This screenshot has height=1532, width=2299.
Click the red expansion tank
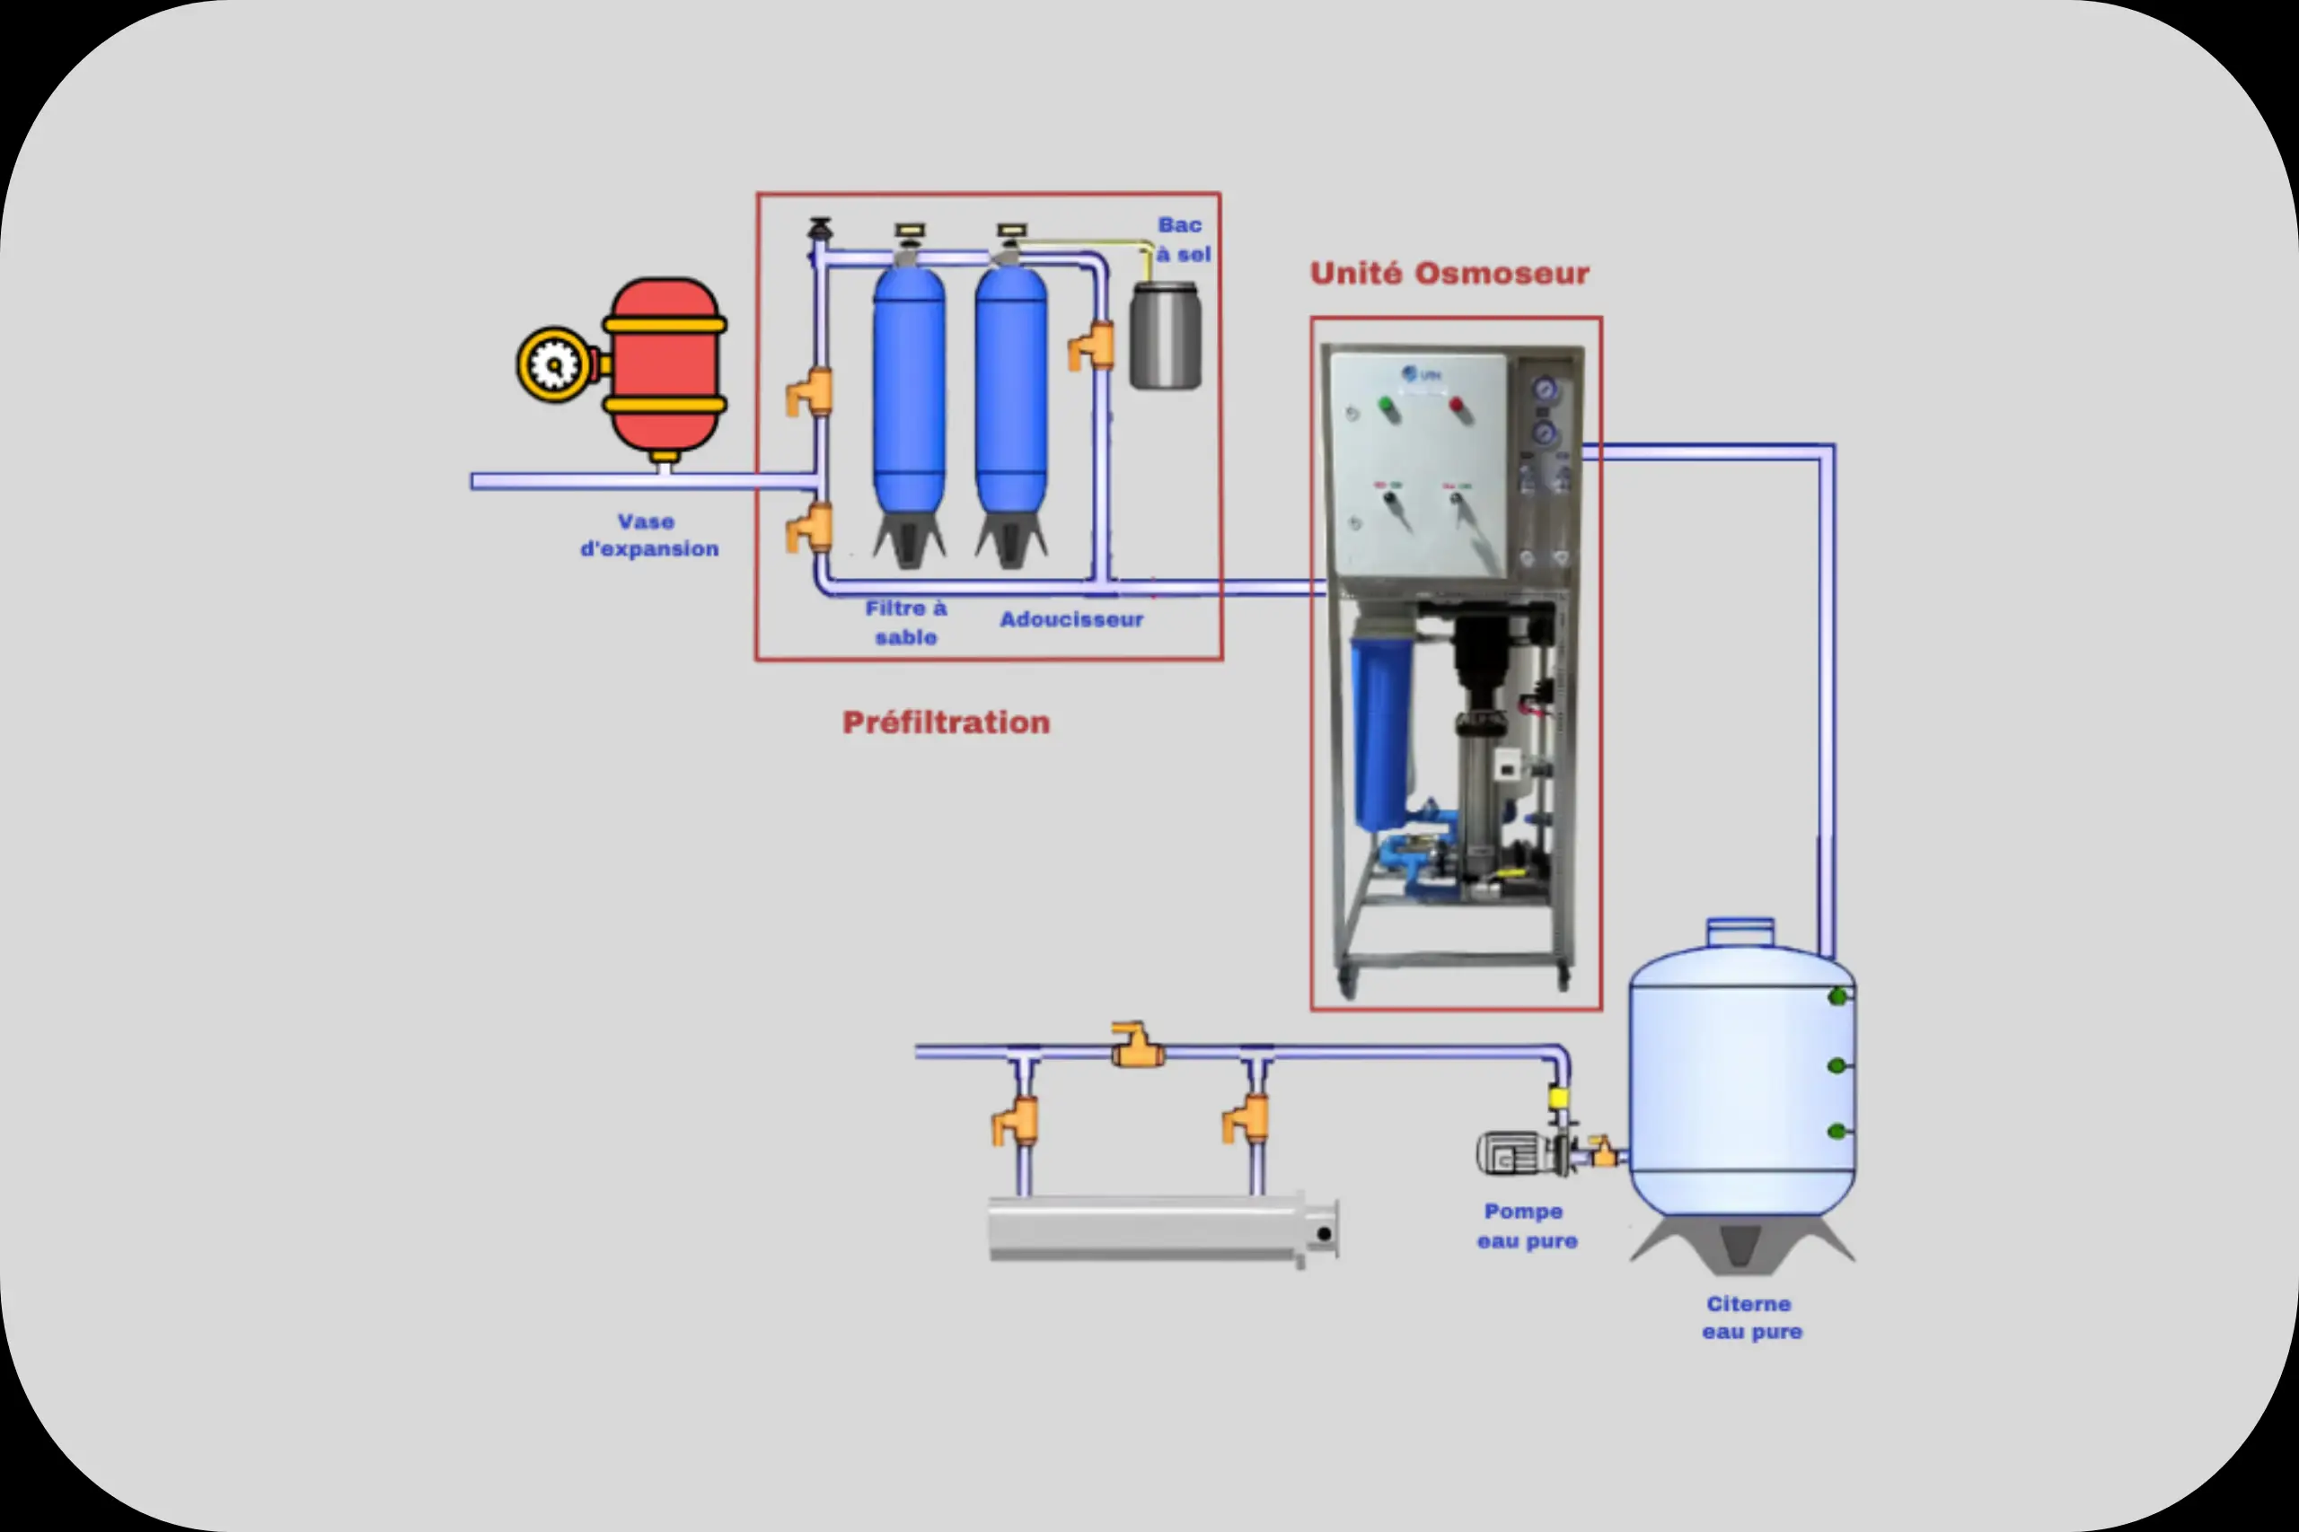pyautogui.click(x=665, y=365)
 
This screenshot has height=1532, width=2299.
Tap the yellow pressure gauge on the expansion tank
pyautogui.click(x=554, y=365)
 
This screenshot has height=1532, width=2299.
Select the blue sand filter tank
pyautogui.click(x=909, y=390)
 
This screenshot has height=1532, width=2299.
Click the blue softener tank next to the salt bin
pyautogui.click(x=1010, y=390)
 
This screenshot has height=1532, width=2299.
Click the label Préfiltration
pyautogui.click(x=947, y=723)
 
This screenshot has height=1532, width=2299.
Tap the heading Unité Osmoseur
pyautogui.click(x=1449, y=274)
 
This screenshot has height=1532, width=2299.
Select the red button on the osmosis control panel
pyautogui.click(x=1457, y=404)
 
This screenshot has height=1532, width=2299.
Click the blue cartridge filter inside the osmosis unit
pyautogui.click(x=1379, y=732)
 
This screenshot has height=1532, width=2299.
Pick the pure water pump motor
pyautogui.click(x=1511, y=1154)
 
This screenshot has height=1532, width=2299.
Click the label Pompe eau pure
pyautogui.click(x=1526, y=1226)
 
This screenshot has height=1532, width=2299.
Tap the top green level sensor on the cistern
pyautogui.click(x=1837, y=996)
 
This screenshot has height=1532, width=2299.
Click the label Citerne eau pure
pyautogui.click(x=1750, y=1318)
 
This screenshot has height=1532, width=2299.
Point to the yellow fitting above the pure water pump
pyautogui.click(x=1558, y=1099)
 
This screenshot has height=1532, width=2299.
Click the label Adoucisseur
pyautogui.click(x=1071, y=619)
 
